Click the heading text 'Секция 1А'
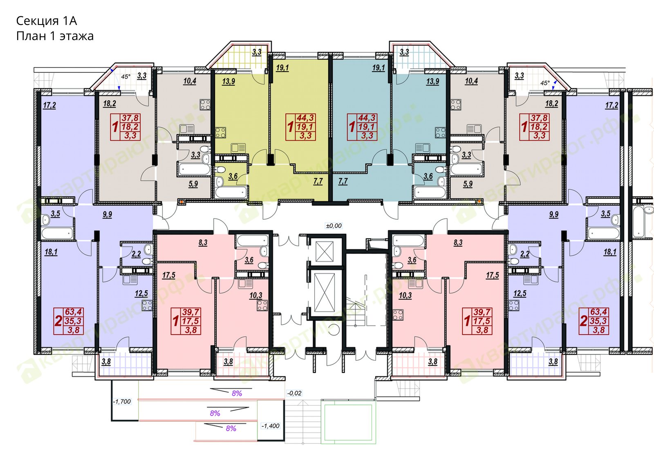click(47, 21)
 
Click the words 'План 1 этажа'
click(55, 36)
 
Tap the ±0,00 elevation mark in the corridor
click(334, 225)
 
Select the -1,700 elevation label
click(122, 401)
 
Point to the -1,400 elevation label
click(270, 426)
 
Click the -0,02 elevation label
click(294, 393)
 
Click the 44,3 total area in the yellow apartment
click(305, 118)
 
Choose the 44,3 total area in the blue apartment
click(367, 118)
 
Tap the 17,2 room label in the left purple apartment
click(49, 105)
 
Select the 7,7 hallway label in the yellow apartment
click(318, 182)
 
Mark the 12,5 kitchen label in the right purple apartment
click(520, 294)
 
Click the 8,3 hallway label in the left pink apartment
click(203, 243)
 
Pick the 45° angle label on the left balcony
click(125, 77)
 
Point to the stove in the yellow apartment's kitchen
click(220, 133)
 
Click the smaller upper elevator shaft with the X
click(325, 251)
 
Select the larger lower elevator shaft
click(325, 293)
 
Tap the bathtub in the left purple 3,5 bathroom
click(57, 234)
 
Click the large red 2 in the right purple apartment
click(583, 321)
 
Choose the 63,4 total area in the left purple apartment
click(74, 312)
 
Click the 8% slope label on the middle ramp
click(215, 414)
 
